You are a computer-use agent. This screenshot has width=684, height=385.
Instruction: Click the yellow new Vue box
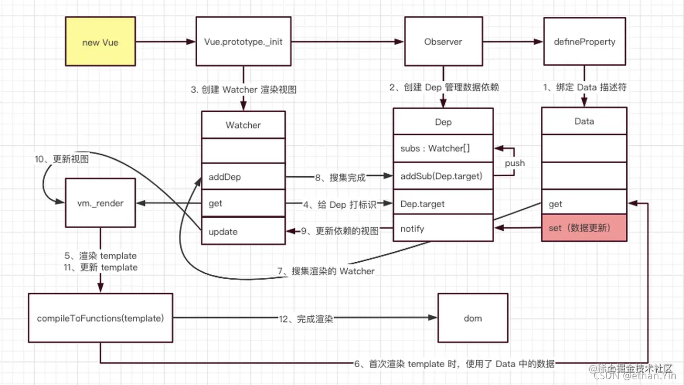100,42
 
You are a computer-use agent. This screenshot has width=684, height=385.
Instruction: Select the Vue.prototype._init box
243,42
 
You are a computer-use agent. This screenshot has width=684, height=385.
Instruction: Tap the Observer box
443,42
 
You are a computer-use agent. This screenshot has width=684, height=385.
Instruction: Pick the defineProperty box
584,42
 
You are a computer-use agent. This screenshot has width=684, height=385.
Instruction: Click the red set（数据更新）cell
584,228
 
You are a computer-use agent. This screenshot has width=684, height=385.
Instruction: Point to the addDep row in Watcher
243,177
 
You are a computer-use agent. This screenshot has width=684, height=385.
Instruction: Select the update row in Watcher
243,231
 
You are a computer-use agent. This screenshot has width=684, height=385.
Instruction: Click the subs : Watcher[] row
443,148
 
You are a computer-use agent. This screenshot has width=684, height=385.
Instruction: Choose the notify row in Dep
443,229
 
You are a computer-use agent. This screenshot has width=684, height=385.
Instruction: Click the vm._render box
100,203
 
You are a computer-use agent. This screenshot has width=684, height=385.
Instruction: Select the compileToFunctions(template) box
100,318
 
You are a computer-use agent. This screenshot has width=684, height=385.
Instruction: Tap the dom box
473,318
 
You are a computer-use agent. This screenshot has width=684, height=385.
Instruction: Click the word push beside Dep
515,163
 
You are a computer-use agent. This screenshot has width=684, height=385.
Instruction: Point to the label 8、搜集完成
340,178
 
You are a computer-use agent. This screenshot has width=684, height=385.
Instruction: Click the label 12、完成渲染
307,318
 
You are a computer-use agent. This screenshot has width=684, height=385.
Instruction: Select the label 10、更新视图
62,159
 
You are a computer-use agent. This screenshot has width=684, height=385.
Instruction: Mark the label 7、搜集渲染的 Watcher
326,271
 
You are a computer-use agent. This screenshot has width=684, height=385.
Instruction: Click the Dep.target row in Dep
443,204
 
